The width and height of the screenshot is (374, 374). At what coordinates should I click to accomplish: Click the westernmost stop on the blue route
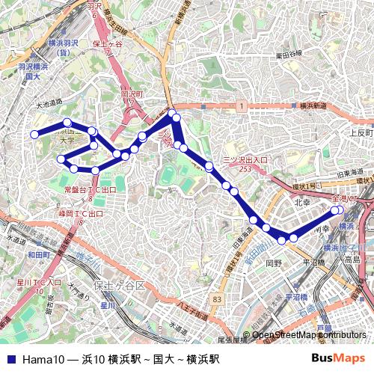coord(34,135)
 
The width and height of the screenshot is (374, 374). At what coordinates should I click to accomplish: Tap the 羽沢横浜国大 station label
coord(32,71)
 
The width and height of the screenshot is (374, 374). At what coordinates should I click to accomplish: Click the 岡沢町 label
coord(132,96)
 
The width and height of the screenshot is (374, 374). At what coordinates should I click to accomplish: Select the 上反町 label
coord(360,132)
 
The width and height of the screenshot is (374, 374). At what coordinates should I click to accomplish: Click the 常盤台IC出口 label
coord(91,190)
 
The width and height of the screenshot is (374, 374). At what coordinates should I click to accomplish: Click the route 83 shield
coord(217,299)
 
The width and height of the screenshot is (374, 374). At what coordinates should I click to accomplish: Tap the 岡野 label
coord(274,263)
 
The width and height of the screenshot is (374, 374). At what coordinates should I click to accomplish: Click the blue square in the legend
coord(10,360)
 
